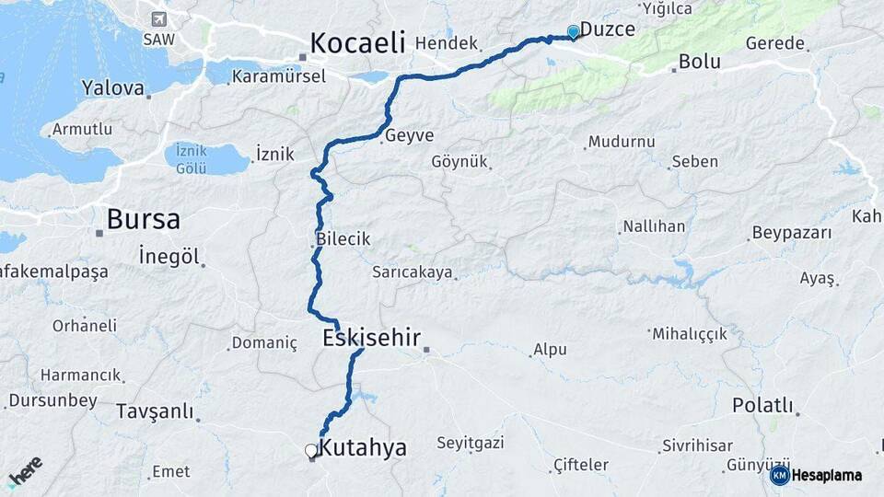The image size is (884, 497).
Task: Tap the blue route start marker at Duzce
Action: pos(574,32)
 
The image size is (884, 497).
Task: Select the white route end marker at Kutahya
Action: pos(311,451)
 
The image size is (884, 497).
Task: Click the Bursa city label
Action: pos(143,219)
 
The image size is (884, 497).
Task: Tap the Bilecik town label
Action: pos(343,238)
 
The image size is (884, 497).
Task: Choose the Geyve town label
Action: pos(410,134)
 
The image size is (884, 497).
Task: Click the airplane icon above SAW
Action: pos(158,19)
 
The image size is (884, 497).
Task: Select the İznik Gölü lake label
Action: pos(192,159)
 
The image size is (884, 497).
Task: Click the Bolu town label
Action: pos(699,63)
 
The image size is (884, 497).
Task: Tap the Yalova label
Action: pos(113,88)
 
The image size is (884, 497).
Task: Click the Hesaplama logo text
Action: pos(826,475)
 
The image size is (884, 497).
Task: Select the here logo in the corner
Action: pos(26,472)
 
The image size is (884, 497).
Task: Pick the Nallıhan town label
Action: pos(654,225)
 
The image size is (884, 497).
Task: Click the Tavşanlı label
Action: pos(154,411)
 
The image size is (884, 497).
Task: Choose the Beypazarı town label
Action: pos(792,232)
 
